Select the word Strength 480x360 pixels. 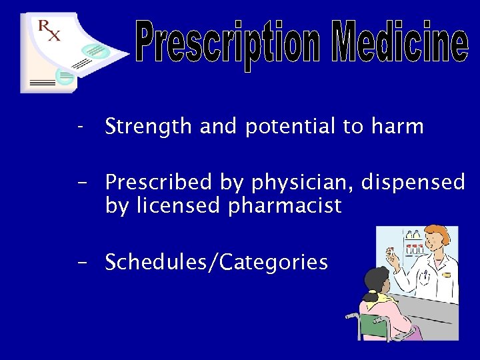coord(149,127)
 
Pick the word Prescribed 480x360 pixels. coord(155,182)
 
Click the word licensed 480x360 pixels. coord(177,206)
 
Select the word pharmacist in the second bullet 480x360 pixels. coord(285,206)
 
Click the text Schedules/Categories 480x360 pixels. coord(217,262)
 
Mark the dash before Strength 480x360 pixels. coord(80,127)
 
